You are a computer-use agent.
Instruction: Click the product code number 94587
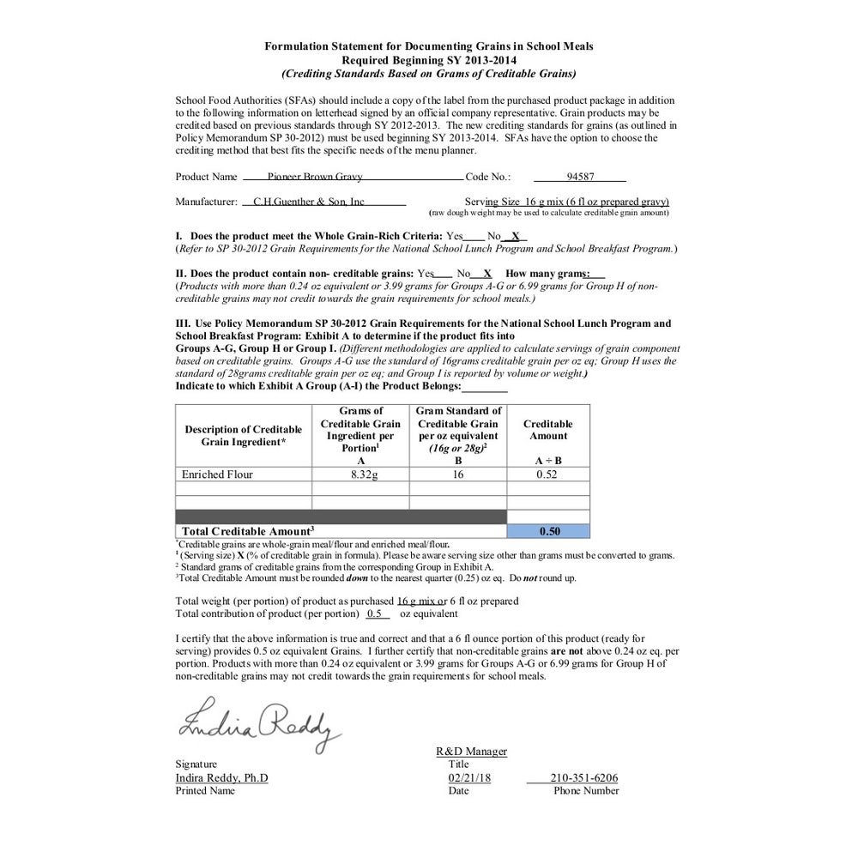[580, 177]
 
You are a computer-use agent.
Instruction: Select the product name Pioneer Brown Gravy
[315, 177]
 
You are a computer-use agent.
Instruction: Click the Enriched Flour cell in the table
[217, 474]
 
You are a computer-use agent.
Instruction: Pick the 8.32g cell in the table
[360, 474]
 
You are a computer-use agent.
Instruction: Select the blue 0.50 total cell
[548, 531]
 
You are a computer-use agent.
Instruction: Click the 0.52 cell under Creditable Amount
[548, 474]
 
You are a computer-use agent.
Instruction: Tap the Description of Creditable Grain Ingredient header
[244, 435]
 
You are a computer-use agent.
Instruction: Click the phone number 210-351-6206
[584, 778]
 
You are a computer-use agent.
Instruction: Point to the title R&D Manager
[471, 752]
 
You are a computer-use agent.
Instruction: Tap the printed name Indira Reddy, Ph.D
[221, 778]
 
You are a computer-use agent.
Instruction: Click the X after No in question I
[515, 235]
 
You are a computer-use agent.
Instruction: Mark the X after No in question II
[486, 273]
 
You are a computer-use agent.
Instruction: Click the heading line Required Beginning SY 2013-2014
[428, 60]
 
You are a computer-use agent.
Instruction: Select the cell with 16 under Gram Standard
[457, 474]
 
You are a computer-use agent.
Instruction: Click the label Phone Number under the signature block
[586, 790]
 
